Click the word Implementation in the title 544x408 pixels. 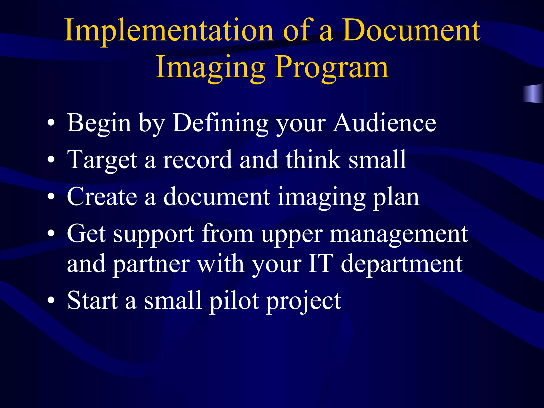169,31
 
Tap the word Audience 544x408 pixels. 385,123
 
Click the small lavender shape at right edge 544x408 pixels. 533,93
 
